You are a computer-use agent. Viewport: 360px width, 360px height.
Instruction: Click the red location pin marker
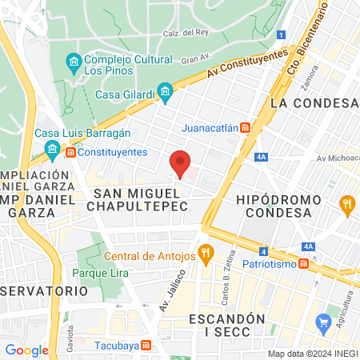(x=181, y=163)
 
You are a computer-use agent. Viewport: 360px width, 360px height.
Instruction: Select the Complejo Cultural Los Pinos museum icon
(x=74, y=62)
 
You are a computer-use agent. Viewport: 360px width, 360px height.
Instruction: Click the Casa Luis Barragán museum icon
(x=53, y=149)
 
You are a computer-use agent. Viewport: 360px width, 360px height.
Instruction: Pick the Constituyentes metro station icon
(x=70, y=152)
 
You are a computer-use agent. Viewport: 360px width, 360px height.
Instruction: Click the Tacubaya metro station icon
(x=146, y=346)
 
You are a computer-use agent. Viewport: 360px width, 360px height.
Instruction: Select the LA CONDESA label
(x=313, y=103)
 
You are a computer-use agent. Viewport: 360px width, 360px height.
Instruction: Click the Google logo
(x=26, y=350)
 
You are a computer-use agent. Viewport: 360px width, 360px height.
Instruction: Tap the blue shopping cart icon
(x=324, y=324)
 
